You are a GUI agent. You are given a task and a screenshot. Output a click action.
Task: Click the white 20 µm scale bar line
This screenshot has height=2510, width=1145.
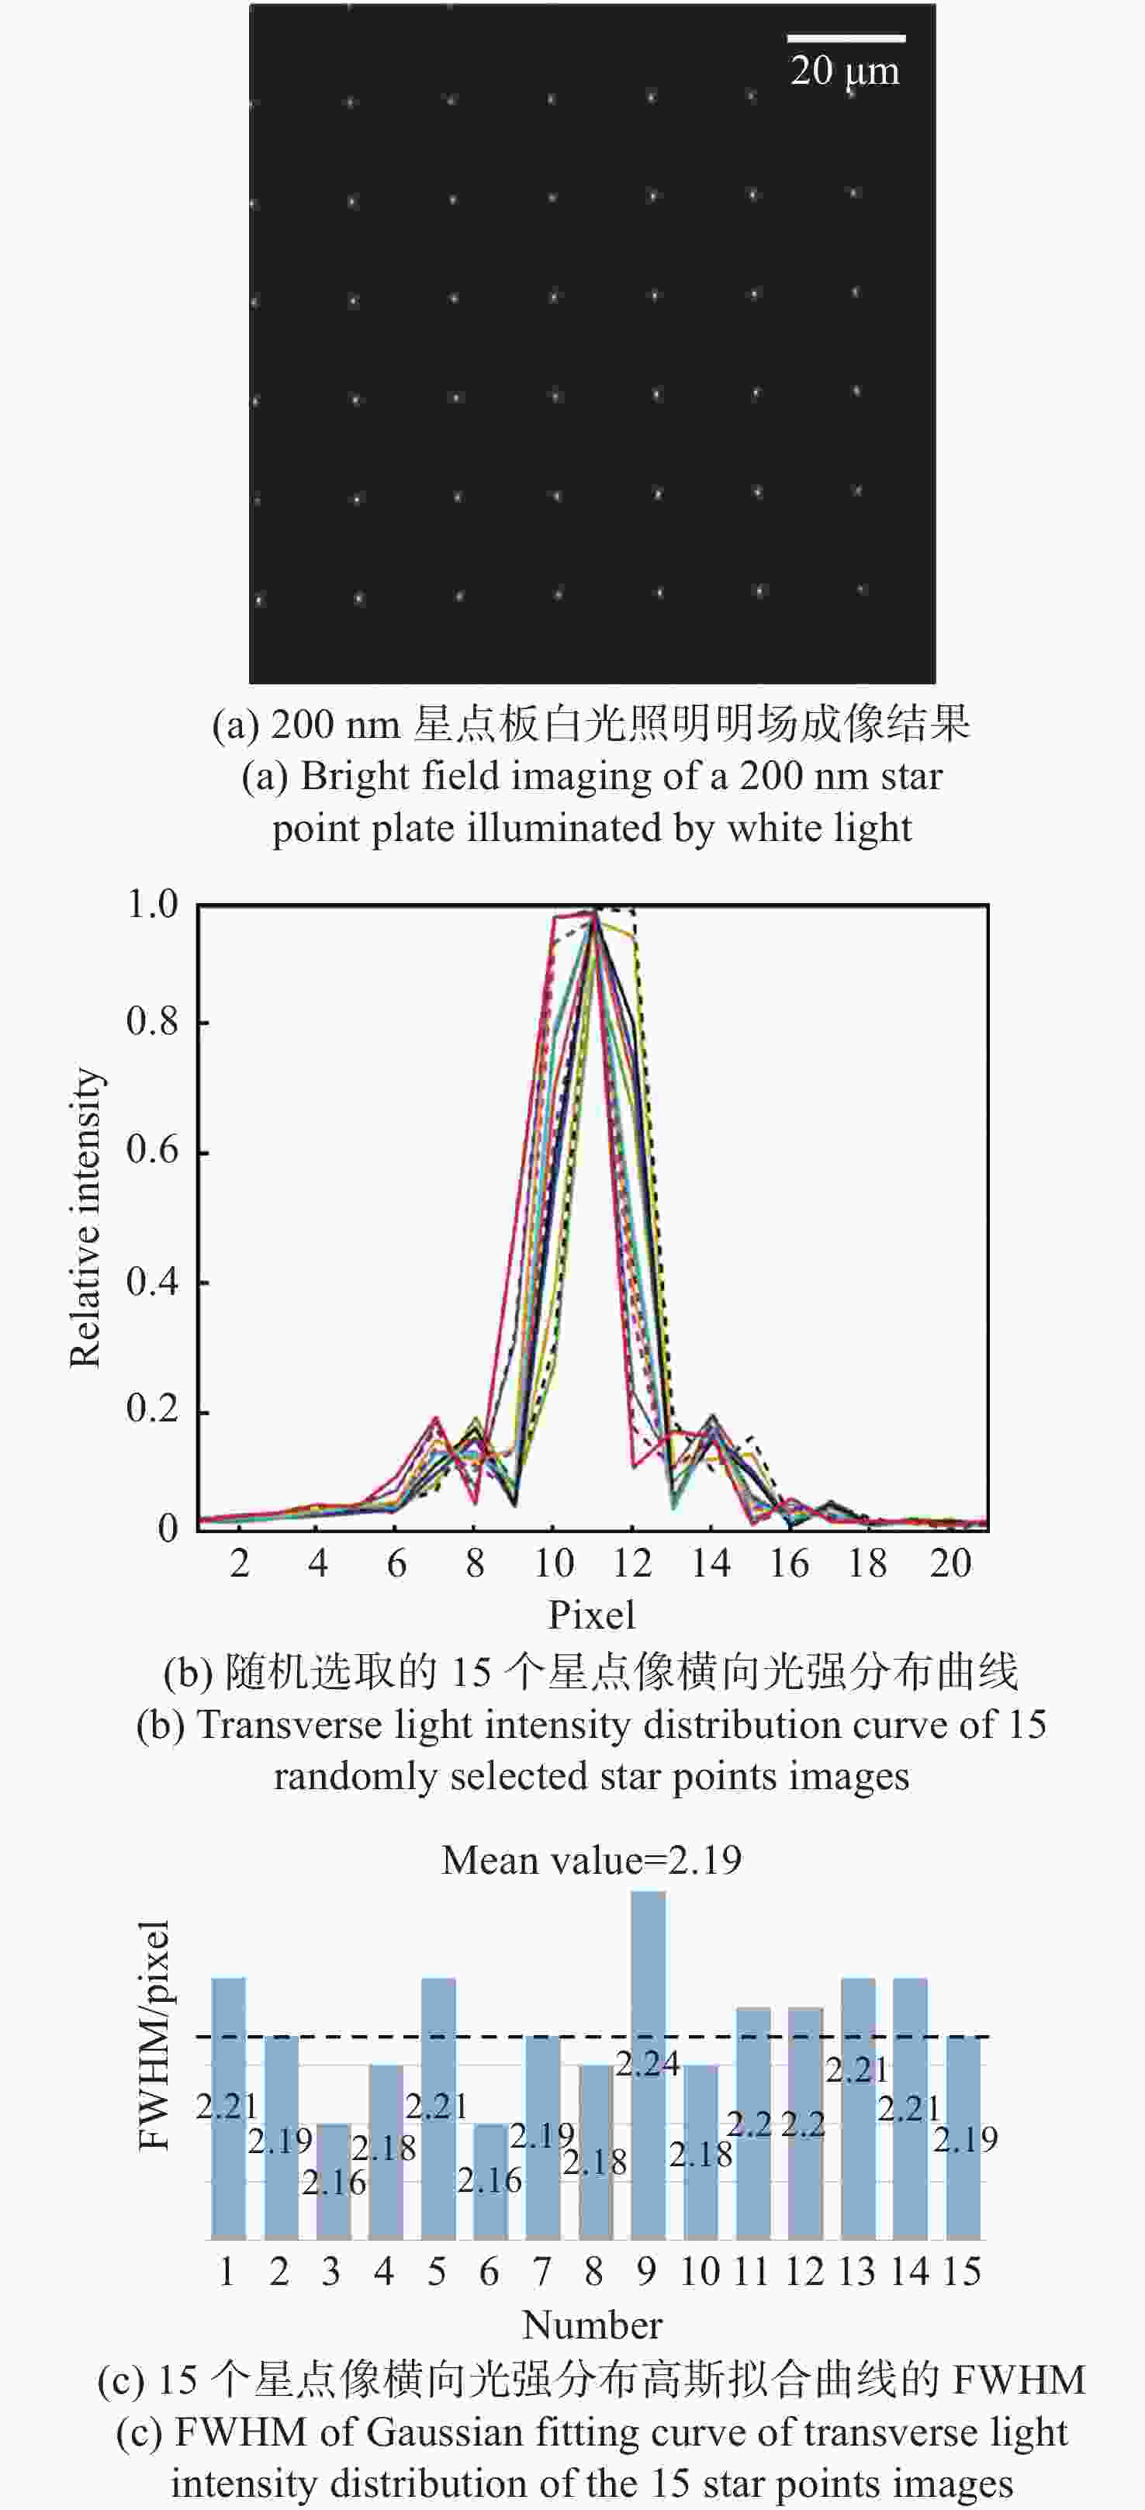[x=846, y=39]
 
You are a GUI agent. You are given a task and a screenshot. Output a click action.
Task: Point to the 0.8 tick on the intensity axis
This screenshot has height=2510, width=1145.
[x=152, y=1021]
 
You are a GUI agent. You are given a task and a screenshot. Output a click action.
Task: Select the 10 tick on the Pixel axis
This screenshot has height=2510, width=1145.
[x=554, y=1563]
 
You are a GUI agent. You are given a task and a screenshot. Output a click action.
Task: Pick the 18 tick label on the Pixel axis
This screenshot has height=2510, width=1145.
[x=867, y=1563]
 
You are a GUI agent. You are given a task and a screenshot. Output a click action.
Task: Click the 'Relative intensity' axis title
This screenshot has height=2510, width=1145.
[x=86, y=1218]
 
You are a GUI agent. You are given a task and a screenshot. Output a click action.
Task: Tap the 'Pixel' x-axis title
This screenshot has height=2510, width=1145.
[x=591, y=1615]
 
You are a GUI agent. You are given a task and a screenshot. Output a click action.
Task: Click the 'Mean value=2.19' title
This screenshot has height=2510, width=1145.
[x=591, y=1860]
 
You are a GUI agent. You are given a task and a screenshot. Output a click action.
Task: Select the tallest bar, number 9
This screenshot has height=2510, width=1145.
[x=648, y=2065]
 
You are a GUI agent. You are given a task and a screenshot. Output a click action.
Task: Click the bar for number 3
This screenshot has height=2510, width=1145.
[x=334, y=2183]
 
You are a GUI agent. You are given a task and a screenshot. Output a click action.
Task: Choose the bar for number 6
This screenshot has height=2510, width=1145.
[x=490, y=2183]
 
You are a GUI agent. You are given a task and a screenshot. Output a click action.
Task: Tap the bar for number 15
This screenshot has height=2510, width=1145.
[x=963, y=2139]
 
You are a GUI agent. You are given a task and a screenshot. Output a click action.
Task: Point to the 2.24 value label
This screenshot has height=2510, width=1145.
[x=647, y=2064]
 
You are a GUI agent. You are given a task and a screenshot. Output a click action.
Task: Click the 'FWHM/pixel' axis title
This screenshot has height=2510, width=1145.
[x=154, y=2037]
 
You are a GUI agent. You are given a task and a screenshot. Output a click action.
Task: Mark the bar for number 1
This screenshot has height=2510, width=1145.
[x=228, y=2110]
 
